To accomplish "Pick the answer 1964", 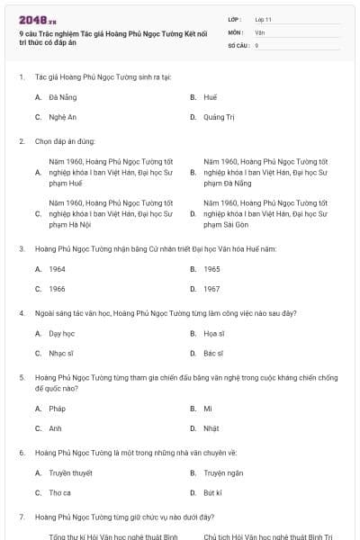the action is pyautogui.click(x=57, y=269).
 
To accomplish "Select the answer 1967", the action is pyautogui.click(x=211, y=290).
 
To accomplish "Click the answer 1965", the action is pyautogui.click(x=211, y=269).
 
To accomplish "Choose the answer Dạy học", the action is pyautogui.click(x=61, y=334).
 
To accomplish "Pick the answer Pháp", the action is pyautogui.click(x=58, y=409).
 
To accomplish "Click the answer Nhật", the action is pyautogui.click(x=211, y=429).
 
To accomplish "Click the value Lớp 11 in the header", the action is pyautogui.click(x=263, y=19).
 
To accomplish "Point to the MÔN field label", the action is pyautogui.click(x=236, y=31).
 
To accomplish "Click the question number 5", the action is pyautogui.click(x=22, y=378).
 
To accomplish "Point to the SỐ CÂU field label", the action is pyautogui.click(x=238, y=44).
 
